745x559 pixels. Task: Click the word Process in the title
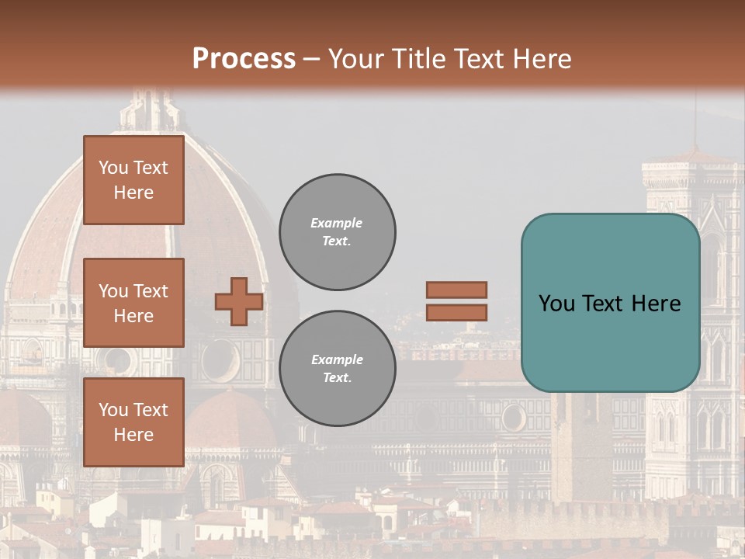[x=244, y=58]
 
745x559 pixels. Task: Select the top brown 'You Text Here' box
[x=133, y=180]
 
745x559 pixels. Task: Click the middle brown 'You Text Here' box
[x=133, y=303]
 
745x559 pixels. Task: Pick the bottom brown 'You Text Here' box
[x=133, y=422]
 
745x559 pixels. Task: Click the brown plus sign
[x=239, y=301]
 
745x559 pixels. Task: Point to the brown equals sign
[x=457, y=301]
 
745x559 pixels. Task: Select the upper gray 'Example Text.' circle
[x=338, y=232]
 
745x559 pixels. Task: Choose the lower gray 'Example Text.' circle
[x=338, y=369]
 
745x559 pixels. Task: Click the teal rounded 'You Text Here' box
[x=610, y=303]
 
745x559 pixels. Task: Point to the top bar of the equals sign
[x=457, y=290]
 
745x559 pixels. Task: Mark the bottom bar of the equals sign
[x=457, y=312]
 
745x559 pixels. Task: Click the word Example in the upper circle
[x=337, y=223]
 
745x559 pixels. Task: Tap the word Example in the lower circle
[x=337, y=359]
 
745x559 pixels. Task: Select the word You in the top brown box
[x=113, y=168]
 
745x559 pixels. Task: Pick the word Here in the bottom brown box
[x=133, y=435]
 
